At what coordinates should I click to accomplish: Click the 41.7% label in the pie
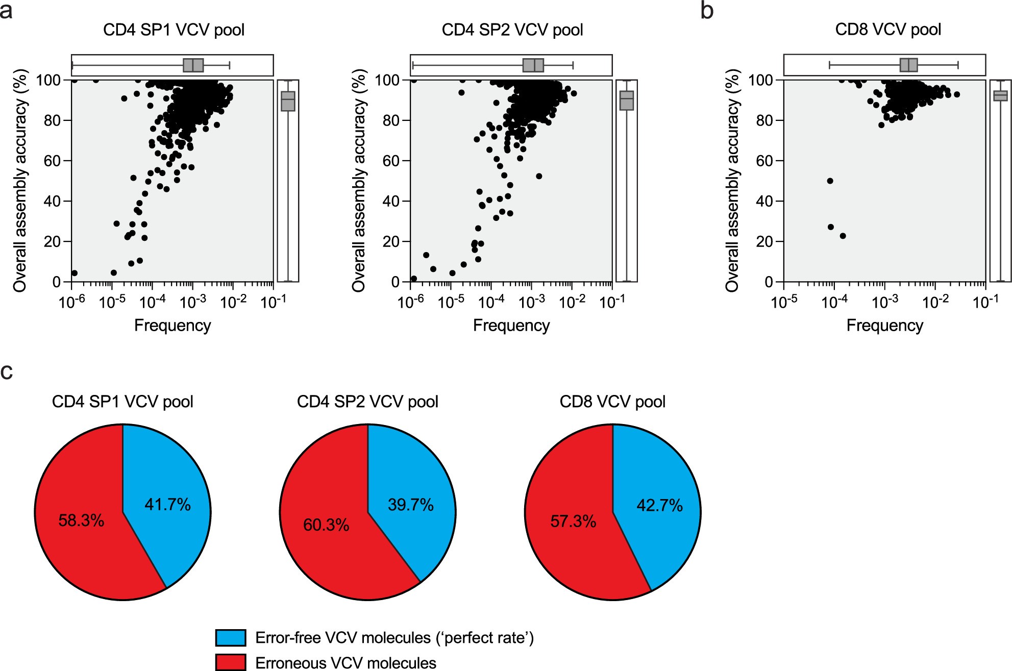[167, 505]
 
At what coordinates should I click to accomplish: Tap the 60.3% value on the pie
[326, 525]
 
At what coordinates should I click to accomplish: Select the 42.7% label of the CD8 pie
[659, 505]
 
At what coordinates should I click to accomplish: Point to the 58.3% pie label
[81, 520]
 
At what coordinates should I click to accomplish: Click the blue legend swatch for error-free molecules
[231, 638]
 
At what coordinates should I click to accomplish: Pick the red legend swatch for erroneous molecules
[231, 662]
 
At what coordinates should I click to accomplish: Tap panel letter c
[7, 372]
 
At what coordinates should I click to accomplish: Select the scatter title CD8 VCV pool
[888, 30]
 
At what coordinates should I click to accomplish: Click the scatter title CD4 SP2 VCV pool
[512, 30]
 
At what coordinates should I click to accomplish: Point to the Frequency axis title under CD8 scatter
[885, 326]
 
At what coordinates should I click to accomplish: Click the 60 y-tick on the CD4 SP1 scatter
[52, 161]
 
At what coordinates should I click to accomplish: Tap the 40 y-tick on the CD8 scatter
[766, 201]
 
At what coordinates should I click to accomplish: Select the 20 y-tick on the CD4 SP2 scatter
[391, 241]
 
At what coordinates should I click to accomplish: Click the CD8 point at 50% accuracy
[830, 181]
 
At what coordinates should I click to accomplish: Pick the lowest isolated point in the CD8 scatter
[843, 236]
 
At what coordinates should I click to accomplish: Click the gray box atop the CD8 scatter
[909, 65]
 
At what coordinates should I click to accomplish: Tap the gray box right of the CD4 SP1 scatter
[288, 101]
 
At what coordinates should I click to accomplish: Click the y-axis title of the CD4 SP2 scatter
[359, 181]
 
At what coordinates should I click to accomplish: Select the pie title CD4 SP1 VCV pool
[122, 402]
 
